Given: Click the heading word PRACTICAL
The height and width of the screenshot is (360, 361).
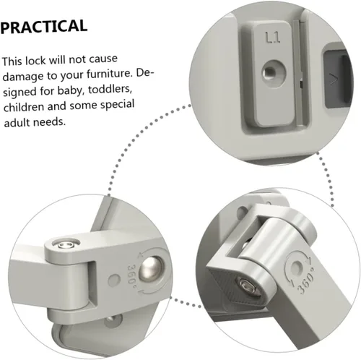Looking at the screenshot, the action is coord(44,27).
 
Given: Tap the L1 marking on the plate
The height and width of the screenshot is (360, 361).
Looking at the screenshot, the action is coord(273,38).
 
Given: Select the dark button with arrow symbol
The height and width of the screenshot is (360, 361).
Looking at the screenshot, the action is coord(336,78).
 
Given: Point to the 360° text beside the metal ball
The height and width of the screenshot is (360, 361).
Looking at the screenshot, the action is coord(132,273).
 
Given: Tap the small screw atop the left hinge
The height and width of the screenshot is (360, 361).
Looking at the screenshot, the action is coord(66,245).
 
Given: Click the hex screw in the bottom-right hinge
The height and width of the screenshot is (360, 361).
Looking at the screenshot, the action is coord(248,286).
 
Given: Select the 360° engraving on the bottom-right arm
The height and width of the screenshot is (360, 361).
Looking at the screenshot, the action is coord(305,281).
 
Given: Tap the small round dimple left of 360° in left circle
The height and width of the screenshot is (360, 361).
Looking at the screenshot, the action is coord(114,280).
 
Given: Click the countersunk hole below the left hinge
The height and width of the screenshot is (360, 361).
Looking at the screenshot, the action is coord(112,320).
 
